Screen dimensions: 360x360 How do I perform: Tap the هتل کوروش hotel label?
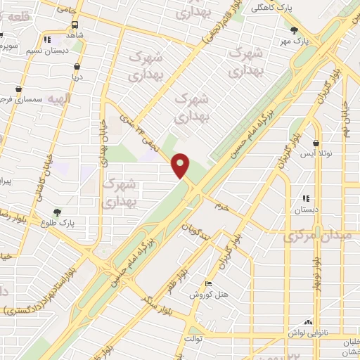click(207, 293)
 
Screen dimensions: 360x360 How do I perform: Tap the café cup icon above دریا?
click(76, 67)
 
